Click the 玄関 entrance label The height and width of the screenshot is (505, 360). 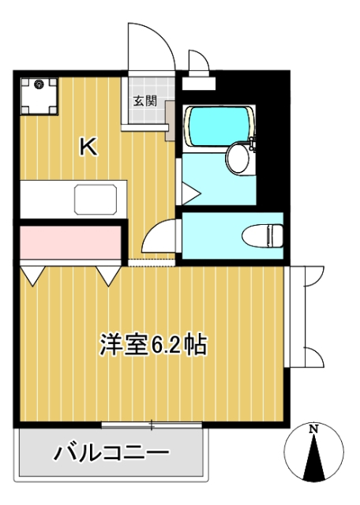tap(144, 100)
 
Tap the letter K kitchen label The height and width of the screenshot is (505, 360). tap(88, 146)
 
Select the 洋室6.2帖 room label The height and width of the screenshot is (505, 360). tap(153, 344)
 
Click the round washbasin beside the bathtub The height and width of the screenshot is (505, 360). tap(238, 158)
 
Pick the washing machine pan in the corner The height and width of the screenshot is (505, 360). tap(38, 96)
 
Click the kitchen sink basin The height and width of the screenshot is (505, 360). tap(100, 198)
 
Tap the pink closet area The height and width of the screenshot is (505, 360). tap(69, 244)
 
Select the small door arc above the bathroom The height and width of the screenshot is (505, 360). tap(197, 63)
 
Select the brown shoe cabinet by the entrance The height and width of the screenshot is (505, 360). tap(170, 125)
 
